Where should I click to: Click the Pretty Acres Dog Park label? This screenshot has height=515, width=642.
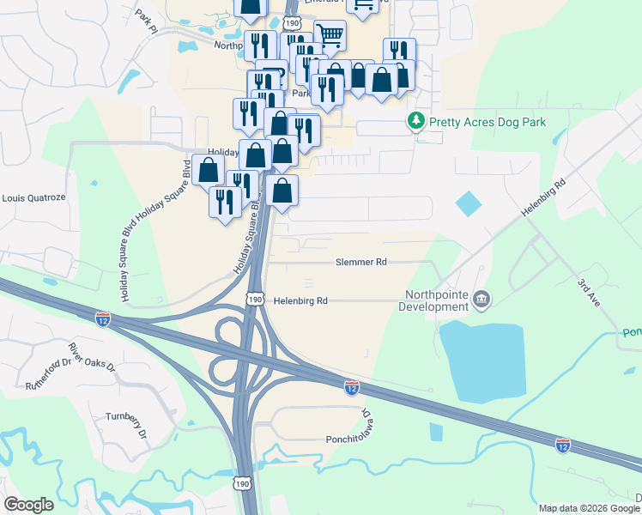(x=488, y=123)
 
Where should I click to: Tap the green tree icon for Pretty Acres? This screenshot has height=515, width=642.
(x=416, y=122)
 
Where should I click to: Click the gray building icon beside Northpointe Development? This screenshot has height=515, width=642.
(x=481, y=299)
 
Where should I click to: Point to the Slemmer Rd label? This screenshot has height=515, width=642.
(x=362, y=263)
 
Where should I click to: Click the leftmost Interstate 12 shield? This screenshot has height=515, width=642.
(x=103, y=318)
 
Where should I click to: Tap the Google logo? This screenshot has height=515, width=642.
(x=29, y=505)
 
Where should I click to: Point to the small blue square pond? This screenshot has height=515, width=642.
(x=469, y=203)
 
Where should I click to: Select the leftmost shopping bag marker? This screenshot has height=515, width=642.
(x=209, y=169)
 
